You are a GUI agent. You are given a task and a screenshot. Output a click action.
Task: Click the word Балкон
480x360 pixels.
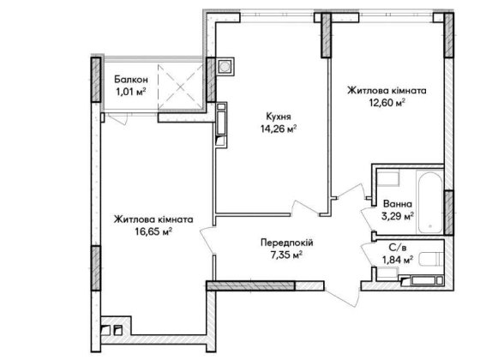(131, 80)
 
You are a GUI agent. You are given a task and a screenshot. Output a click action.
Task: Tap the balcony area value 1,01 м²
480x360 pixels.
(130, 92)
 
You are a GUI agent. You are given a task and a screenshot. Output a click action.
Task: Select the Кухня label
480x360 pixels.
(279, 117)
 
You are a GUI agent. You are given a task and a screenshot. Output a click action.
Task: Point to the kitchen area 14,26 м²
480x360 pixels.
(279, 129)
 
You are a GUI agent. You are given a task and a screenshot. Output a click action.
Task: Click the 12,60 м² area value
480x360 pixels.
(387, 103)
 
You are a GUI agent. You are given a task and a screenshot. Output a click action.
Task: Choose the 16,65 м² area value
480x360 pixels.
(153, 231)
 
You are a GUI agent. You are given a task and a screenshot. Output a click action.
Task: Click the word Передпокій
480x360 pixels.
(287, 243)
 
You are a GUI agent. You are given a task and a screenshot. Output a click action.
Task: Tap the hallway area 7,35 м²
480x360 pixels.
(287, 255)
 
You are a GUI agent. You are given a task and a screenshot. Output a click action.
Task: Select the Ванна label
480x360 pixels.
(398, 204)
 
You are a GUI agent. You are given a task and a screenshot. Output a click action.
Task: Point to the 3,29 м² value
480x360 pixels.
(398, 216)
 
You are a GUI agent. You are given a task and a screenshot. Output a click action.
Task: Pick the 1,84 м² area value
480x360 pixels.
(398, 260)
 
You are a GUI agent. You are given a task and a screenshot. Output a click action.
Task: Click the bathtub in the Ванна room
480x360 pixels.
(429, 202)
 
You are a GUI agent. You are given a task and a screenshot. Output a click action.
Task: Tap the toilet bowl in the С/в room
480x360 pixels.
(431, 259)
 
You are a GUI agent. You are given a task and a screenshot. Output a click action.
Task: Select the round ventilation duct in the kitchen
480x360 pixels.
(225, 67)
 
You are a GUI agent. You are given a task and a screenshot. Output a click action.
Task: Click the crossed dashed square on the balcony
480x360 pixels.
(181, 87)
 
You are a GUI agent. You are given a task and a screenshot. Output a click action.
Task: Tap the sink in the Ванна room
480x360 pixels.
(388, 178)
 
